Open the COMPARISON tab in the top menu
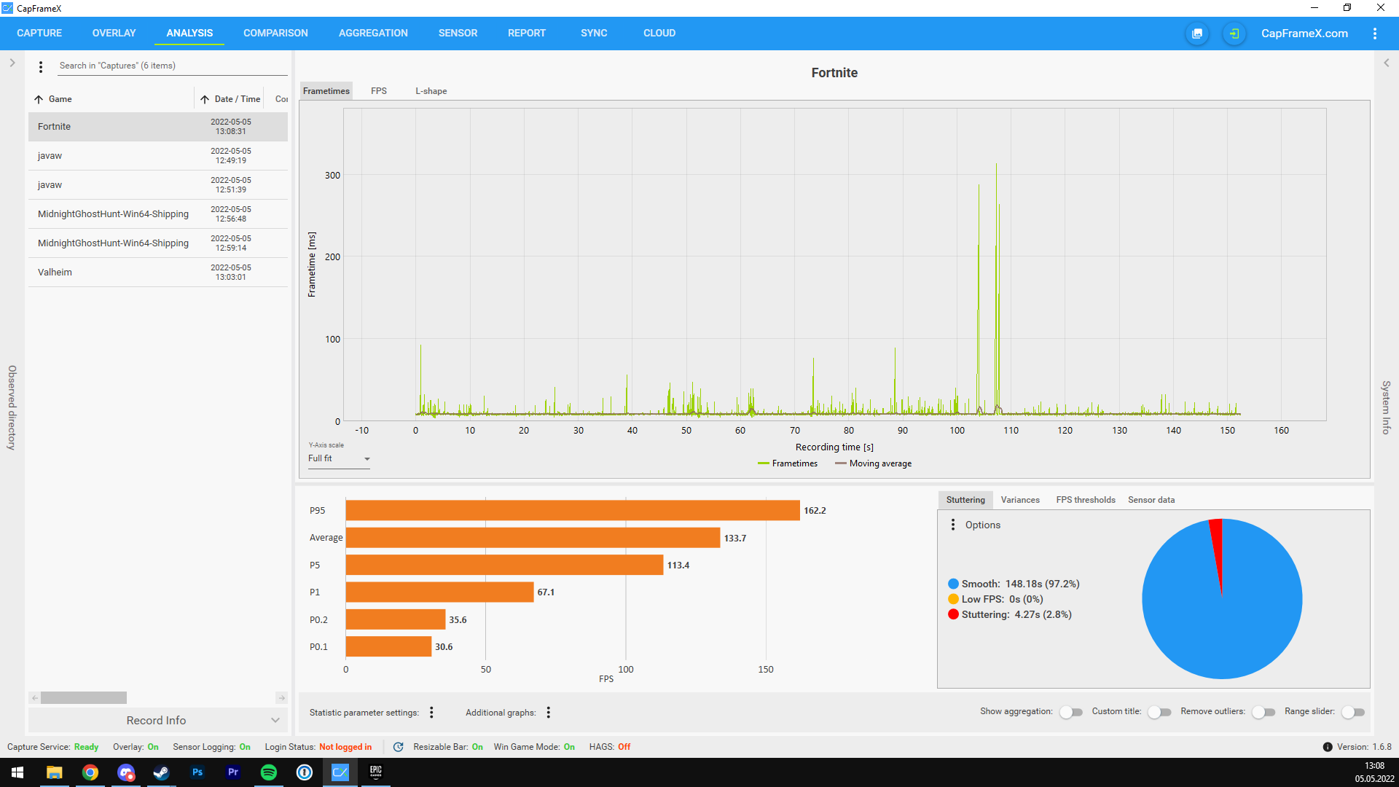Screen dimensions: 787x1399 pyautogui.click(x=275, y=33)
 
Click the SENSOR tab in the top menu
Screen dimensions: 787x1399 pyautogui.click(x=458, y=33)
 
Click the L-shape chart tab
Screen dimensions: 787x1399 pyautogui.click(x=431, y=91)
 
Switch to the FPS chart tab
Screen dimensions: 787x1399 pyautogui.click(x=378, y=91)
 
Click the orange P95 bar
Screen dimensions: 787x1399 pyautogui.click(x=572, y=510)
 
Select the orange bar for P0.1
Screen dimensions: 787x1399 pyautogui.click(x=388, y=646)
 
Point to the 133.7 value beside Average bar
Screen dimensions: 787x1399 pyautogui.click(x=734, y=539)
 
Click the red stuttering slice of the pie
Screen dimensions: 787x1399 pyautogui.click(x=1217, y=547)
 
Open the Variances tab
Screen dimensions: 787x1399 pyautogui.click(x=1019, y=500)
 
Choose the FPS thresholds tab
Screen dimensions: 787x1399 pyautogui.click(x=1085, y=500)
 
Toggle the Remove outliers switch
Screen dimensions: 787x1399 pyautogui.click(x=1263, y=712)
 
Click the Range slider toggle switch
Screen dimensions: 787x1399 pyautogui.click(x=1352, y=712)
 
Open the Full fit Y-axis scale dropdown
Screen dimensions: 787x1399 pyautogui.click(x=339, y=458)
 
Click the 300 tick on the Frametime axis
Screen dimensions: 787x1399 pyautogui.click(x=332, y=175)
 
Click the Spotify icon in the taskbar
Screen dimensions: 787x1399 pyautogui.click(x=268, y=772)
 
